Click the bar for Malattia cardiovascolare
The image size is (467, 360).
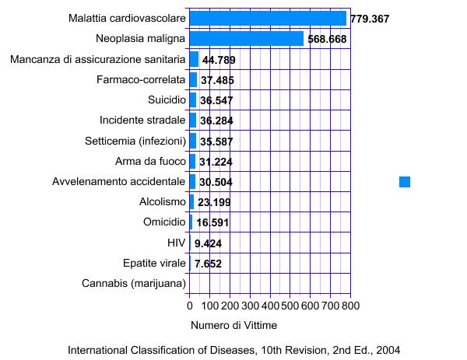pyautogui.click(x=268, y=18)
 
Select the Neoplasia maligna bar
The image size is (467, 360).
pyautogui.click(x=246, y=39)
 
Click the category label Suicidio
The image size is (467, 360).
pyautogui.click(x=167, y=100)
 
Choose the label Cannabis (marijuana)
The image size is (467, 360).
pyautogui.click(x=134, y=283)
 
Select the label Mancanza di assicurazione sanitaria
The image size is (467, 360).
pyautogui.click(x=98, y=59)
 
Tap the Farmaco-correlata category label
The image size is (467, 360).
pyautogui.click(x=141, y=79)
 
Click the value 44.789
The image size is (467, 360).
pyautogui.click(x=219, y=60)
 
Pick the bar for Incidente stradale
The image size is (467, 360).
pyautogui.click(x=193, y=120)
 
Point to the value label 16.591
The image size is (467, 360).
pyautogui.click(x=212, y=222)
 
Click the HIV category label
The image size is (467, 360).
pyautogui.click(x=177, y=243)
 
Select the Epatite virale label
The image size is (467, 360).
pyautogui.click(x=154, y=263)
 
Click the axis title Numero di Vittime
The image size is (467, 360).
pyautogui.click(x=233, y=324)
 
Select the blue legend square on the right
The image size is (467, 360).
pyautogui.click(x=404, y=181)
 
